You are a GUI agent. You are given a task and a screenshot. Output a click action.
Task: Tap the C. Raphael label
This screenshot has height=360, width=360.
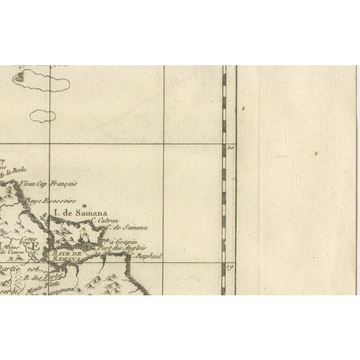(x=146, y=256)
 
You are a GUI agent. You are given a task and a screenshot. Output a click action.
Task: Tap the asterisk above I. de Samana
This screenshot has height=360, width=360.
(x=84, y=205)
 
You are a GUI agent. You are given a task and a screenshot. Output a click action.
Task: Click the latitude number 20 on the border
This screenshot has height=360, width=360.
(x=230, y=148)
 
